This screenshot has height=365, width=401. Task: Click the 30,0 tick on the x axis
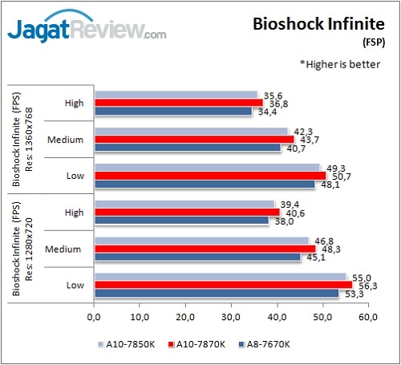point(232,306)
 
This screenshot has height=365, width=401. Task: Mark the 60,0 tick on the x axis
point(369,306)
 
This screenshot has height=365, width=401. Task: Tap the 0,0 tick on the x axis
point(95,306)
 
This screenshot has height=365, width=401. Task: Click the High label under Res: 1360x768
point(75,102)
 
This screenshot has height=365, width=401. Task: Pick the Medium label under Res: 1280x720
point(69,248)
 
